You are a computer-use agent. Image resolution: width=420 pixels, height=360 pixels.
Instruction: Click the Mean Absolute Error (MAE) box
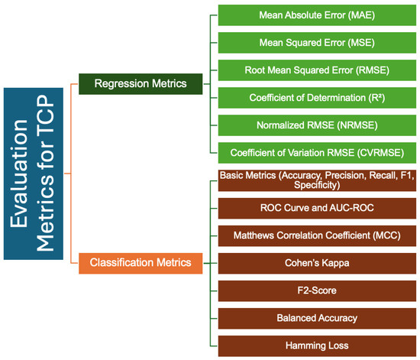tap(316, 15)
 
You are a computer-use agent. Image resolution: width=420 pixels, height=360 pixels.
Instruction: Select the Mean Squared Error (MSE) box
tap(316, 42)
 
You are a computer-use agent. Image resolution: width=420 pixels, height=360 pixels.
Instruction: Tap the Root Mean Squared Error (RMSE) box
tap(316, 70)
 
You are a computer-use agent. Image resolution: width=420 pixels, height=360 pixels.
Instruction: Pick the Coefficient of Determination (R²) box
tap(316, 97)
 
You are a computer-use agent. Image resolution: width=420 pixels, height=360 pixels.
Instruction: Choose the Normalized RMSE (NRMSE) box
tap(316, 124)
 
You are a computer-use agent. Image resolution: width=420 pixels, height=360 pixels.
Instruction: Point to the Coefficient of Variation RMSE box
tap(316, 151)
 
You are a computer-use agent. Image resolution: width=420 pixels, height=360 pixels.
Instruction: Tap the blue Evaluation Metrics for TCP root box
tap(34, 178)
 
